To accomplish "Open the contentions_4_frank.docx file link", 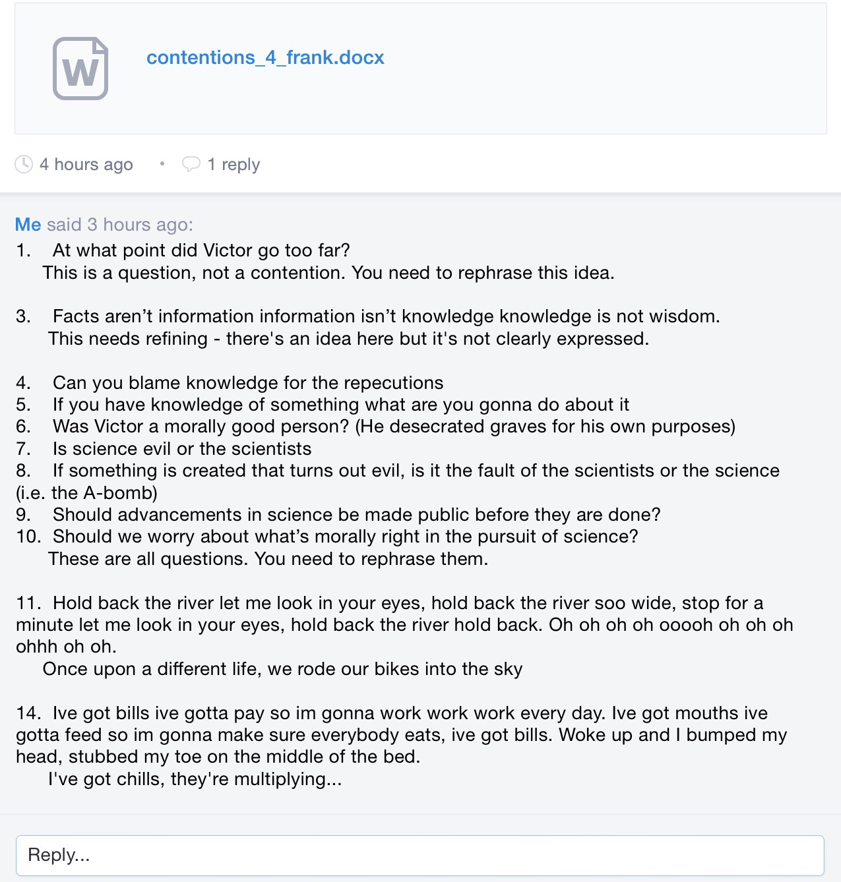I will [265, 58].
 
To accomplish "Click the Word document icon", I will [80, 69].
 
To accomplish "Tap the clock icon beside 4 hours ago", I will [24, 164].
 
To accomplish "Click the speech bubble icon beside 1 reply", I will [191, 164].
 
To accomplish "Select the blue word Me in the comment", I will [28, 225].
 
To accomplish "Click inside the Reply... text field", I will [420, 855].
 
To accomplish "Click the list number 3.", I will [23, 316].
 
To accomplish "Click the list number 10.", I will [28, 537].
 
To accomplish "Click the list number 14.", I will [28, 713].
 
